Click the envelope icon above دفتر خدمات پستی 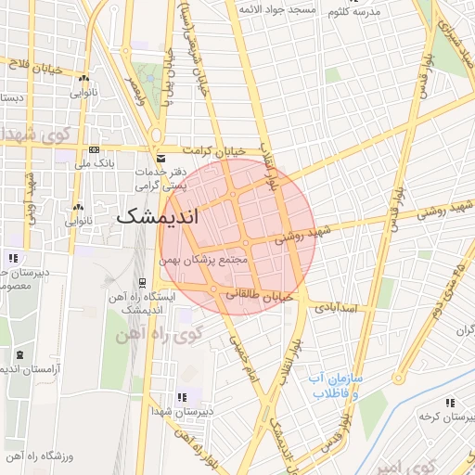[162, 159]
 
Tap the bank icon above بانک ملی [94, 149]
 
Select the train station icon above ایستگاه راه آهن [141, 283]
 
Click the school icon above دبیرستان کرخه [450, 403]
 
